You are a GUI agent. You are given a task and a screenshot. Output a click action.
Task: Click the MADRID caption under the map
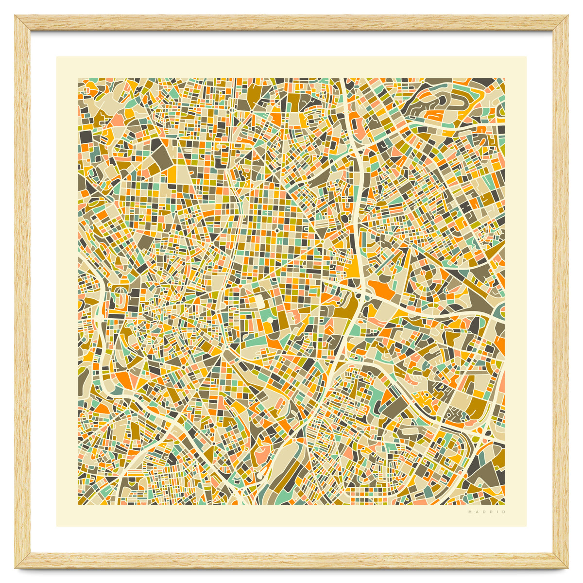[x=487, y=512]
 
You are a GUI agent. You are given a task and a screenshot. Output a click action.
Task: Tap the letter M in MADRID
[x=470, y=512]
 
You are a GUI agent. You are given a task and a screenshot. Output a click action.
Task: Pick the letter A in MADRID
[x=477, y=512]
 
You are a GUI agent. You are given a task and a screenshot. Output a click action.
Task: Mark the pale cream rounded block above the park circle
[x=260, y=302]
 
